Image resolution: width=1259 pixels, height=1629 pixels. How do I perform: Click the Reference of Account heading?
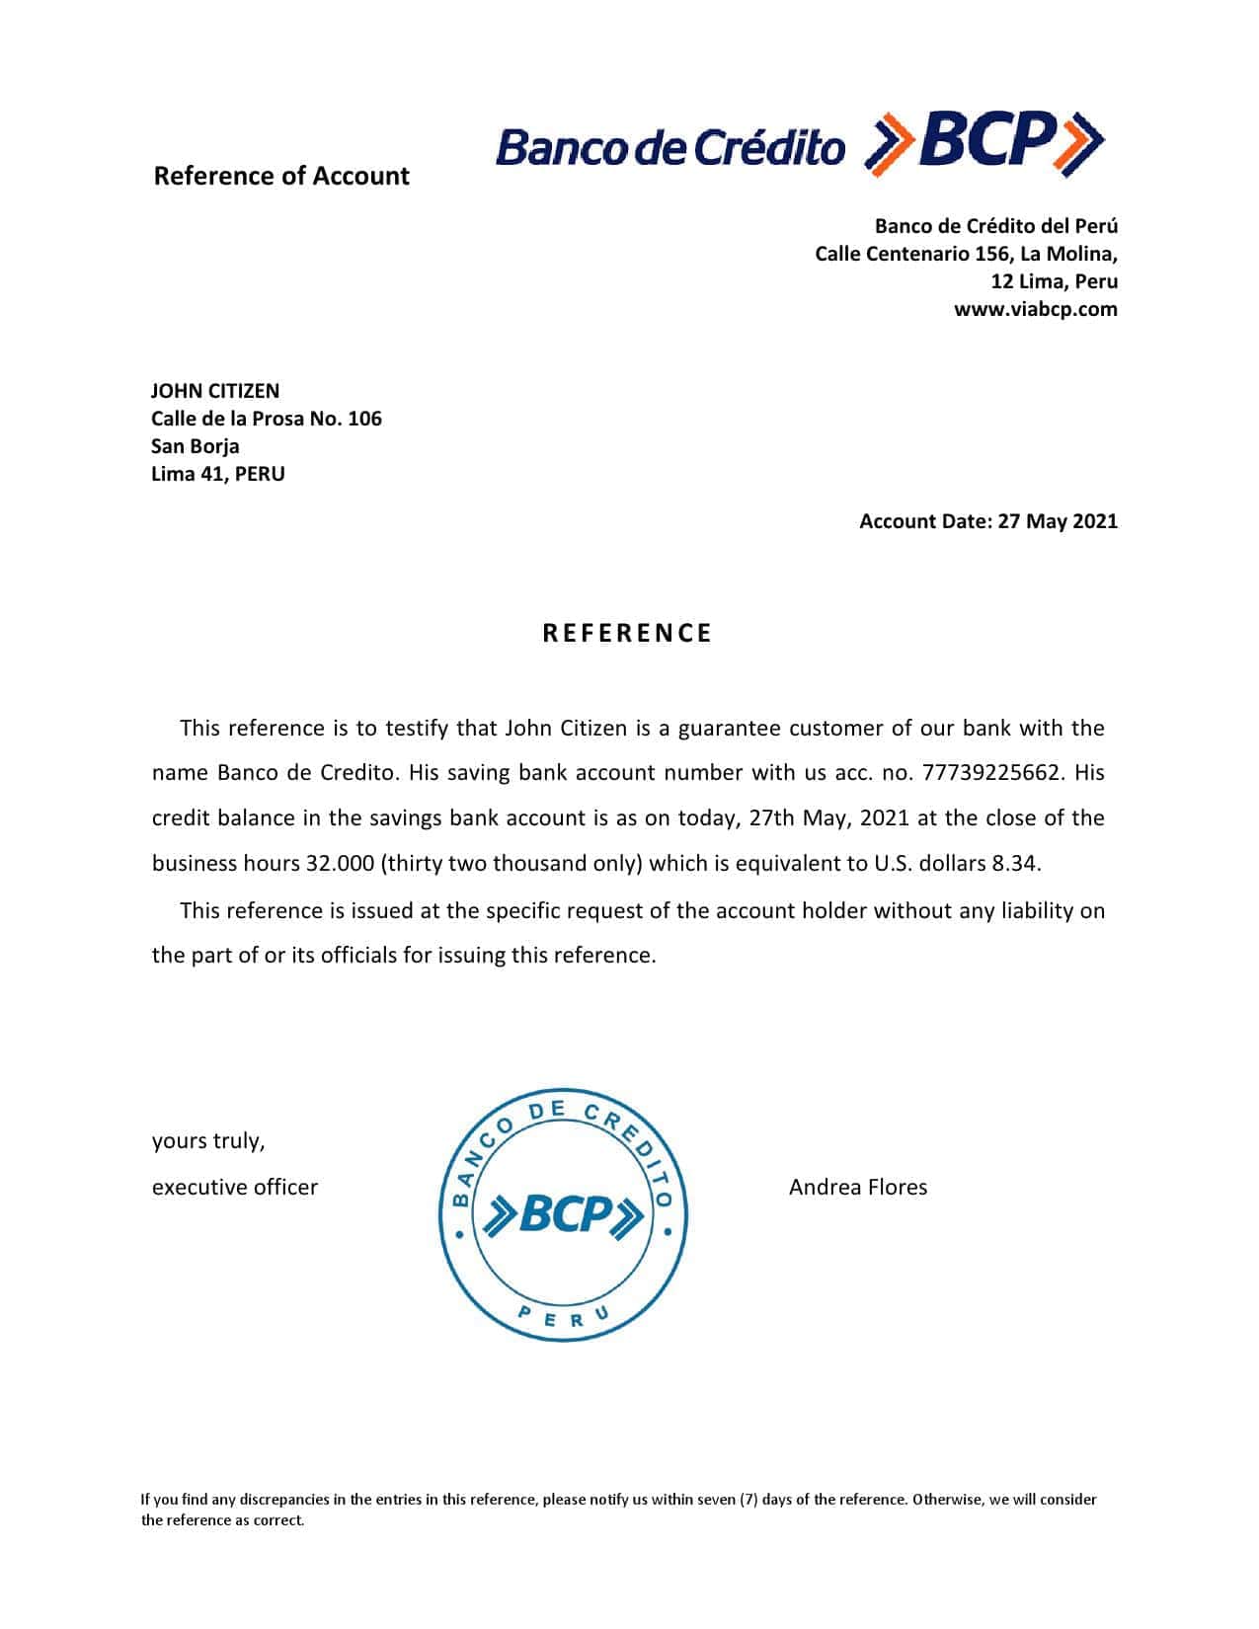281,176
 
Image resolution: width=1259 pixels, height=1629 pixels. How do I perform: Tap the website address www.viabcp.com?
1035,309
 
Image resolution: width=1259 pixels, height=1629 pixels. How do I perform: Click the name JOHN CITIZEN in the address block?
215,391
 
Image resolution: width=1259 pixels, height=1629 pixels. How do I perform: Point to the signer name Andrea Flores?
857,1187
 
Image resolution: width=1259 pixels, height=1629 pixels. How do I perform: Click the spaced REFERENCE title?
627,633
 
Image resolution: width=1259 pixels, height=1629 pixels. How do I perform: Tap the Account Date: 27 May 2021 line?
987,521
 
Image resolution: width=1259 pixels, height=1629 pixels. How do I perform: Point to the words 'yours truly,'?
208,1141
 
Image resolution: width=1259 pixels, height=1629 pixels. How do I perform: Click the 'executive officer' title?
235,1187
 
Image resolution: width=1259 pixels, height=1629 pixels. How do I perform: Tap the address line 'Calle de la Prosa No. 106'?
266,419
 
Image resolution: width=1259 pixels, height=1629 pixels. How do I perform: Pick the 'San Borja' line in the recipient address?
195,446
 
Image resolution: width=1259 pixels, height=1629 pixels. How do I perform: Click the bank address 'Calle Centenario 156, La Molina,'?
966,254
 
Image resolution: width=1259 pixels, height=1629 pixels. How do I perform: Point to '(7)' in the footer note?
748,1499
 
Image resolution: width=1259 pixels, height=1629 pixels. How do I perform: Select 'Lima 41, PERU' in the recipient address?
217,474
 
